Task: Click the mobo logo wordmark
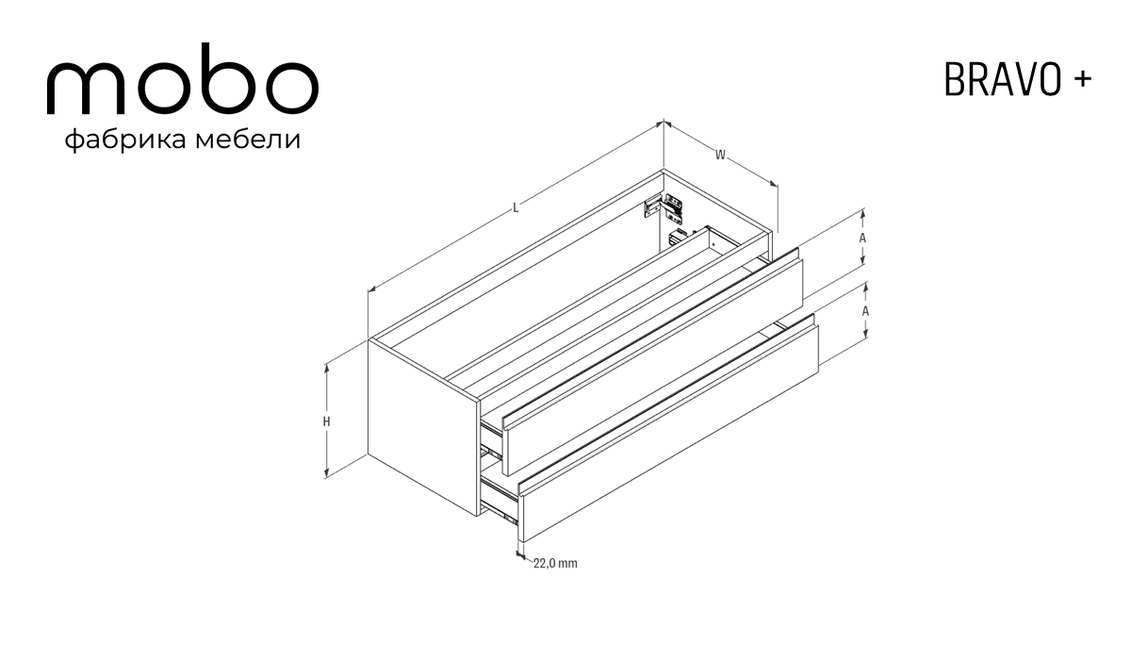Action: (182, 79)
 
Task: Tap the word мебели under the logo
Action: (248, 140)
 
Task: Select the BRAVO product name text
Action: (1002, 80)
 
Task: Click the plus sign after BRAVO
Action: (1083, 79)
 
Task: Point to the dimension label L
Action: (516, 208)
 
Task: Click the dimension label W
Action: (720, 155)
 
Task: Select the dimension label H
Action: (327, 421)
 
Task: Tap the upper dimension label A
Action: (862, 238)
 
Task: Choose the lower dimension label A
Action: (865, 311)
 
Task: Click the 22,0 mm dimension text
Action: (555, 563)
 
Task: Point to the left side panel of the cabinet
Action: (423, 428)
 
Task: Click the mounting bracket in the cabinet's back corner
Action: (664, 207)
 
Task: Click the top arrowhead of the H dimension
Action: (327, 368)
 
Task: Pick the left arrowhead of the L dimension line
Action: (371, 289)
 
